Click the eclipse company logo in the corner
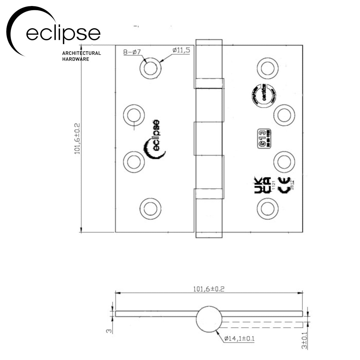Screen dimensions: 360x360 pyautogui.click(x=54, y=31)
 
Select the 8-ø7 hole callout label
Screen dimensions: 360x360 pyautogui.click(x=132, y=52)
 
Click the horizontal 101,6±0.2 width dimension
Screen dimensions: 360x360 pyautogui.click(x=209, y=289)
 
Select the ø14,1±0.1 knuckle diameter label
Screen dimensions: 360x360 pyautogui.click(x=240, y=339)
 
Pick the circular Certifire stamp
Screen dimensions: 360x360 pyautogui.click(x=262, y=95)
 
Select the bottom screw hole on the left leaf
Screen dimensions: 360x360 pyautogui.click(x=150, y=208)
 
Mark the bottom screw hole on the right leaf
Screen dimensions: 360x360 pyautogui.click(x=268, y=208)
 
